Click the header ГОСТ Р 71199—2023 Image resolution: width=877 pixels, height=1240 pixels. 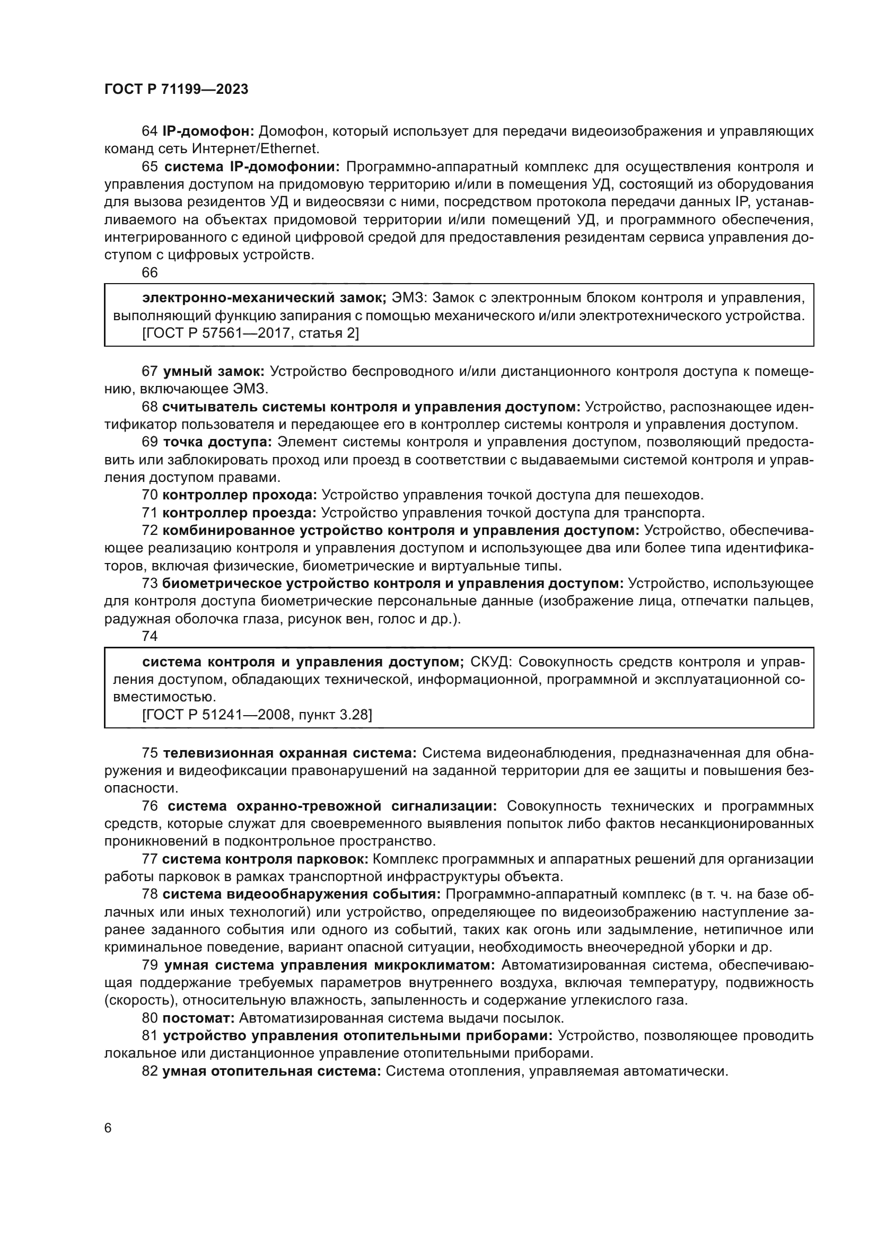click(176, 90)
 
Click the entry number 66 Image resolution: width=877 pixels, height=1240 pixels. click(150, 272)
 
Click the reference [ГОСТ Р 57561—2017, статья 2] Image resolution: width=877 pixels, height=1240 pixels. click(251, 333)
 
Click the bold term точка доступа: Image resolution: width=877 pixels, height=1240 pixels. click(217, 442)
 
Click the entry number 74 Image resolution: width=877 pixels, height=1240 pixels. click(150, 636)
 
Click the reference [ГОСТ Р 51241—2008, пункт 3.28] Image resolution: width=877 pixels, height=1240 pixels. click(257, 715)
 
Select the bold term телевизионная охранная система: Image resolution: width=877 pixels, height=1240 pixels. click(290, 753)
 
